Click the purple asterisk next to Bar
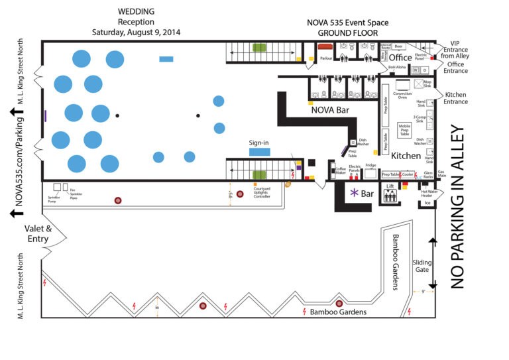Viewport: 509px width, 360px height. click(x=355, y=193)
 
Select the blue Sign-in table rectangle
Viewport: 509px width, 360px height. click(x=259, y=152)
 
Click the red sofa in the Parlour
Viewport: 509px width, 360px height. click(x=325, y=47)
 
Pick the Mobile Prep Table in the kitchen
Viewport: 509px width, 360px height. click(x=404, y=129)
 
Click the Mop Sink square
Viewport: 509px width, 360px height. click(x=419, y=84)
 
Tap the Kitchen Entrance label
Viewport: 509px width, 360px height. click(x=456, y=98)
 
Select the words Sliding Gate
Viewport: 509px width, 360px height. click(x=422, y=266)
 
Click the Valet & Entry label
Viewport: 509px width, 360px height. click(x=38, y=233)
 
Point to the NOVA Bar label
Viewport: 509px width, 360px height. click(x=331, y=111)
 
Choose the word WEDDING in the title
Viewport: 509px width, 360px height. click(x=137, y=11)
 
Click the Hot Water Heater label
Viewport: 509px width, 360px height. click(x=427, y=194)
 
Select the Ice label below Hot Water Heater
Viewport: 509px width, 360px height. click(x=427, y=202)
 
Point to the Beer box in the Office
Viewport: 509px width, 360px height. click(x=398, y=46)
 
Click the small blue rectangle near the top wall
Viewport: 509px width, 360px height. click(x=166, y=59)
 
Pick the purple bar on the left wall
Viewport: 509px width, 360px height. click(x=45, y=115)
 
